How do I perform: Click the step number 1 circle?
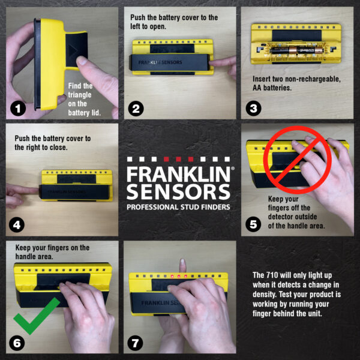pos(18,109)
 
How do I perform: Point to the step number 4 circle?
pos(18,225)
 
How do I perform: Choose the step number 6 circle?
pos(18,343)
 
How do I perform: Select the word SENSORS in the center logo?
pos(178,193)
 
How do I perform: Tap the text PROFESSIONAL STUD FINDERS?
pos(178,207)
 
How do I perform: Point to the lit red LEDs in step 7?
pos(180,276)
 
